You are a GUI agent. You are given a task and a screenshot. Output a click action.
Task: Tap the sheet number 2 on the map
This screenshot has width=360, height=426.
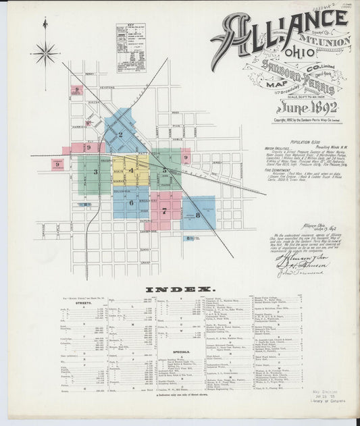[x=120, y=134]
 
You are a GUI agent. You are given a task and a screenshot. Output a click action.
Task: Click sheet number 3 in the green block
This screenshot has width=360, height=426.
[x=96, y=171]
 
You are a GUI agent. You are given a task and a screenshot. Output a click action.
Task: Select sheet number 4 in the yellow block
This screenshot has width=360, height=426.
[x=131, y=170]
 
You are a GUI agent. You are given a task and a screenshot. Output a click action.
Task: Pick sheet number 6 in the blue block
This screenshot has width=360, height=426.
[x=131, y=203]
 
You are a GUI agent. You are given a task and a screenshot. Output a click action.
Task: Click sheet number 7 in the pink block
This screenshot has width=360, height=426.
[x=164, y=210]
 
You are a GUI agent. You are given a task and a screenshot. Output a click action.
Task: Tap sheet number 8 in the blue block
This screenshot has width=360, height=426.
[x=197, y=215]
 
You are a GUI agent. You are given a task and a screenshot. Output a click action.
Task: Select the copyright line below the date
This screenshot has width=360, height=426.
[x=305, y=121]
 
